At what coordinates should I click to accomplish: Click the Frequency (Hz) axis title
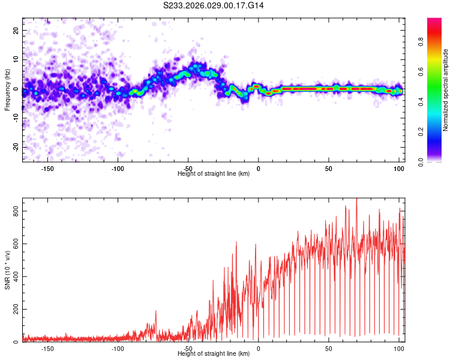(x=7, y=89)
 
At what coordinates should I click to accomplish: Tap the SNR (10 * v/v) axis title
(x=7, y=269)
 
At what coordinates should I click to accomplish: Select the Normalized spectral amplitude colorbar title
(x=445, y=90)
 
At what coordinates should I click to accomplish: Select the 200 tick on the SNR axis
(x=13, y=310)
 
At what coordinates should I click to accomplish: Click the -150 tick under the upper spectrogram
(x=47, y=168)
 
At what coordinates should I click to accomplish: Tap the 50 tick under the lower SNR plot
(x=329, y=348)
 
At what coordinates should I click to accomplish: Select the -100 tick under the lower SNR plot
(x=118, y=348)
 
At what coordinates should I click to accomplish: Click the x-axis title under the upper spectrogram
(x=214, y=174)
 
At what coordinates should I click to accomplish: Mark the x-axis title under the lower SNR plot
(x=214, y=354)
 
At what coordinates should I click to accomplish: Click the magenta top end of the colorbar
(x=434, y=20)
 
